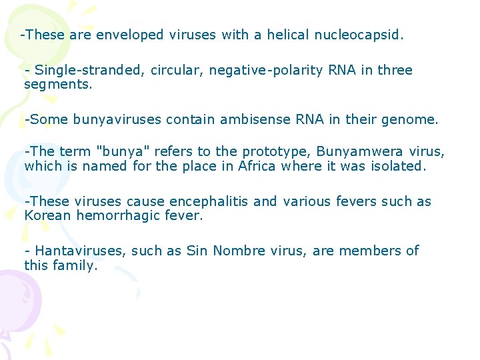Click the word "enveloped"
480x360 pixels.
click(129, 35)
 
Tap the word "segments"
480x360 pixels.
click(57, 85)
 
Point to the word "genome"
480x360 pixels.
click(413, 120)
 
